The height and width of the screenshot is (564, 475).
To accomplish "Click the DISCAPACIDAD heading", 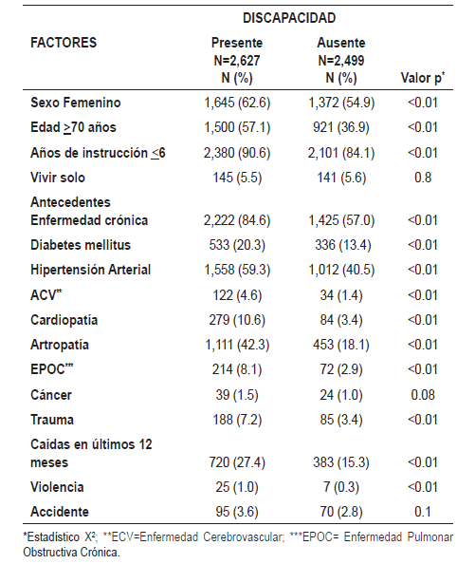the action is tap(289, 18).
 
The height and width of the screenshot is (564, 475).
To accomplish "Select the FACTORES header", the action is tap(64, 43).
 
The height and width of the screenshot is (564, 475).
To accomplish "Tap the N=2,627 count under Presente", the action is tap(237, 61).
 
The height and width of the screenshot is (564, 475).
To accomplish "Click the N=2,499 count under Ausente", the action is tap(341, 61).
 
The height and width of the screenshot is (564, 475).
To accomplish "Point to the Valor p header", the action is tap(423, 78).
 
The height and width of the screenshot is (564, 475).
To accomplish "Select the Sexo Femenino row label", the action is tap(76, 103).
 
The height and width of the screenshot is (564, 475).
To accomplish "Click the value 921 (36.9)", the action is tap(341, 127).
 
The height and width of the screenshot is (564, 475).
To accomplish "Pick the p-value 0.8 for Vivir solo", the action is tap(423, 178).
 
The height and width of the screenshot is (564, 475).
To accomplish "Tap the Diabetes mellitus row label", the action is tap(81, 245).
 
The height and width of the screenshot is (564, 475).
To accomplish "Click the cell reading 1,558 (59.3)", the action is tap(237, 270).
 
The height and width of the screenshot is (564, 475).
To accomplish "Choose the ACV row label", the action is tap(46, 295).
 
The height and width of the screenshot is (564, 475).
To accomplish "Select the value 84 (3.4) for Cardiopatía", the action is tap(341, 320).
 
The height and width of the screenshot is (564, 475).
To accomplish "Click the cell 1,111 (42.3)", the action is tap(237, 345).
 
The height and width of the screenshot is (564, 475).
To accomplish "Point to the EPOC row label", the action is tap(52, 369).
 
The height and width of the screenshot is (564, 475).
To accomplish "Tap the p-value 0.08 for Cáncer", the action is tap(423, 395).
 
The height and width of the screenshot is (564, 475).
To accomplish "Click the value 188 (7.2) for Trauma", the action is tap(237, 420).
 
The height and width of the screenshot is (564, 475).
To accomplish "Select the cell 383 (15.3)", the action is tap(341, 462).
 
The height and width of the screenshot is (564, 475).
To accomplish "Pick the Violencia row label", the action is tap(57, 487).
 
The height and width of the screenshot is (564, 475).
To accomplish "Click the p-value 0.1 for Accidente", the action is tap(423, 512).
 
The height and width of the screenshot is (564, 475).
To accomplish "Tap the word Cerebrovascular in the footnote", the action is tap(244, 537).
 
